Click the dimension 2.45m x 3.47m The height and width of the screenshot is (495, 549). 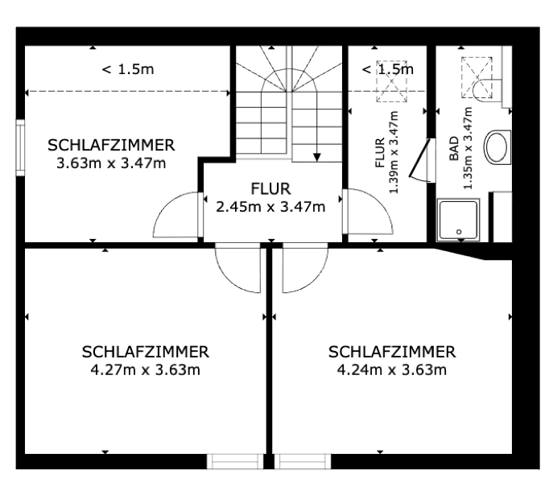click(270, 206)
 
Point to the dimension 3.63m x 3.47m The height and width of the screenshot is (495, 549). click(111, 163)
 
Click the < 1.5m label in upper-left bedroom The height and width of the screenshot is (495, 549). click(127, 69)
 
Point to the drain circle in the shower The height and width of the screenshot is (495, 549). click(459, 232)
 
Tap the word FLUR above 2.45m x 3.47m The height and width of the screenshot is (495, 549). click(270, 190)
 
